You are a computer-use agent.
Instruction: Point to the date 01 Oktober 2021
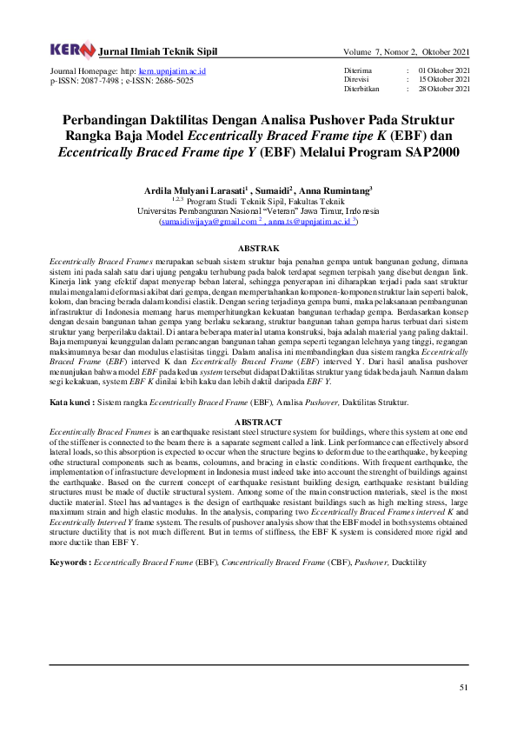coord(444,70)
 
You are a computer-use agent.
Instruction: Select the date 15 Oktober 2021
coord(444,79)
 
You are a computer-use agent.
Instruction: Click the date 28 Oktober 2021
coord(444,89)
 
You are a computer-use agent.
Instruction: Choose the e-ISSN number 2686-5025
coord(171,80)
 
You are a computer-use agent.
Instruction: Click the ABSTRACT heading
coord(258,422)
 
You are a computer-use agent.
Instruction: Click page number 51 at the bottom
coord(464,689)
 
